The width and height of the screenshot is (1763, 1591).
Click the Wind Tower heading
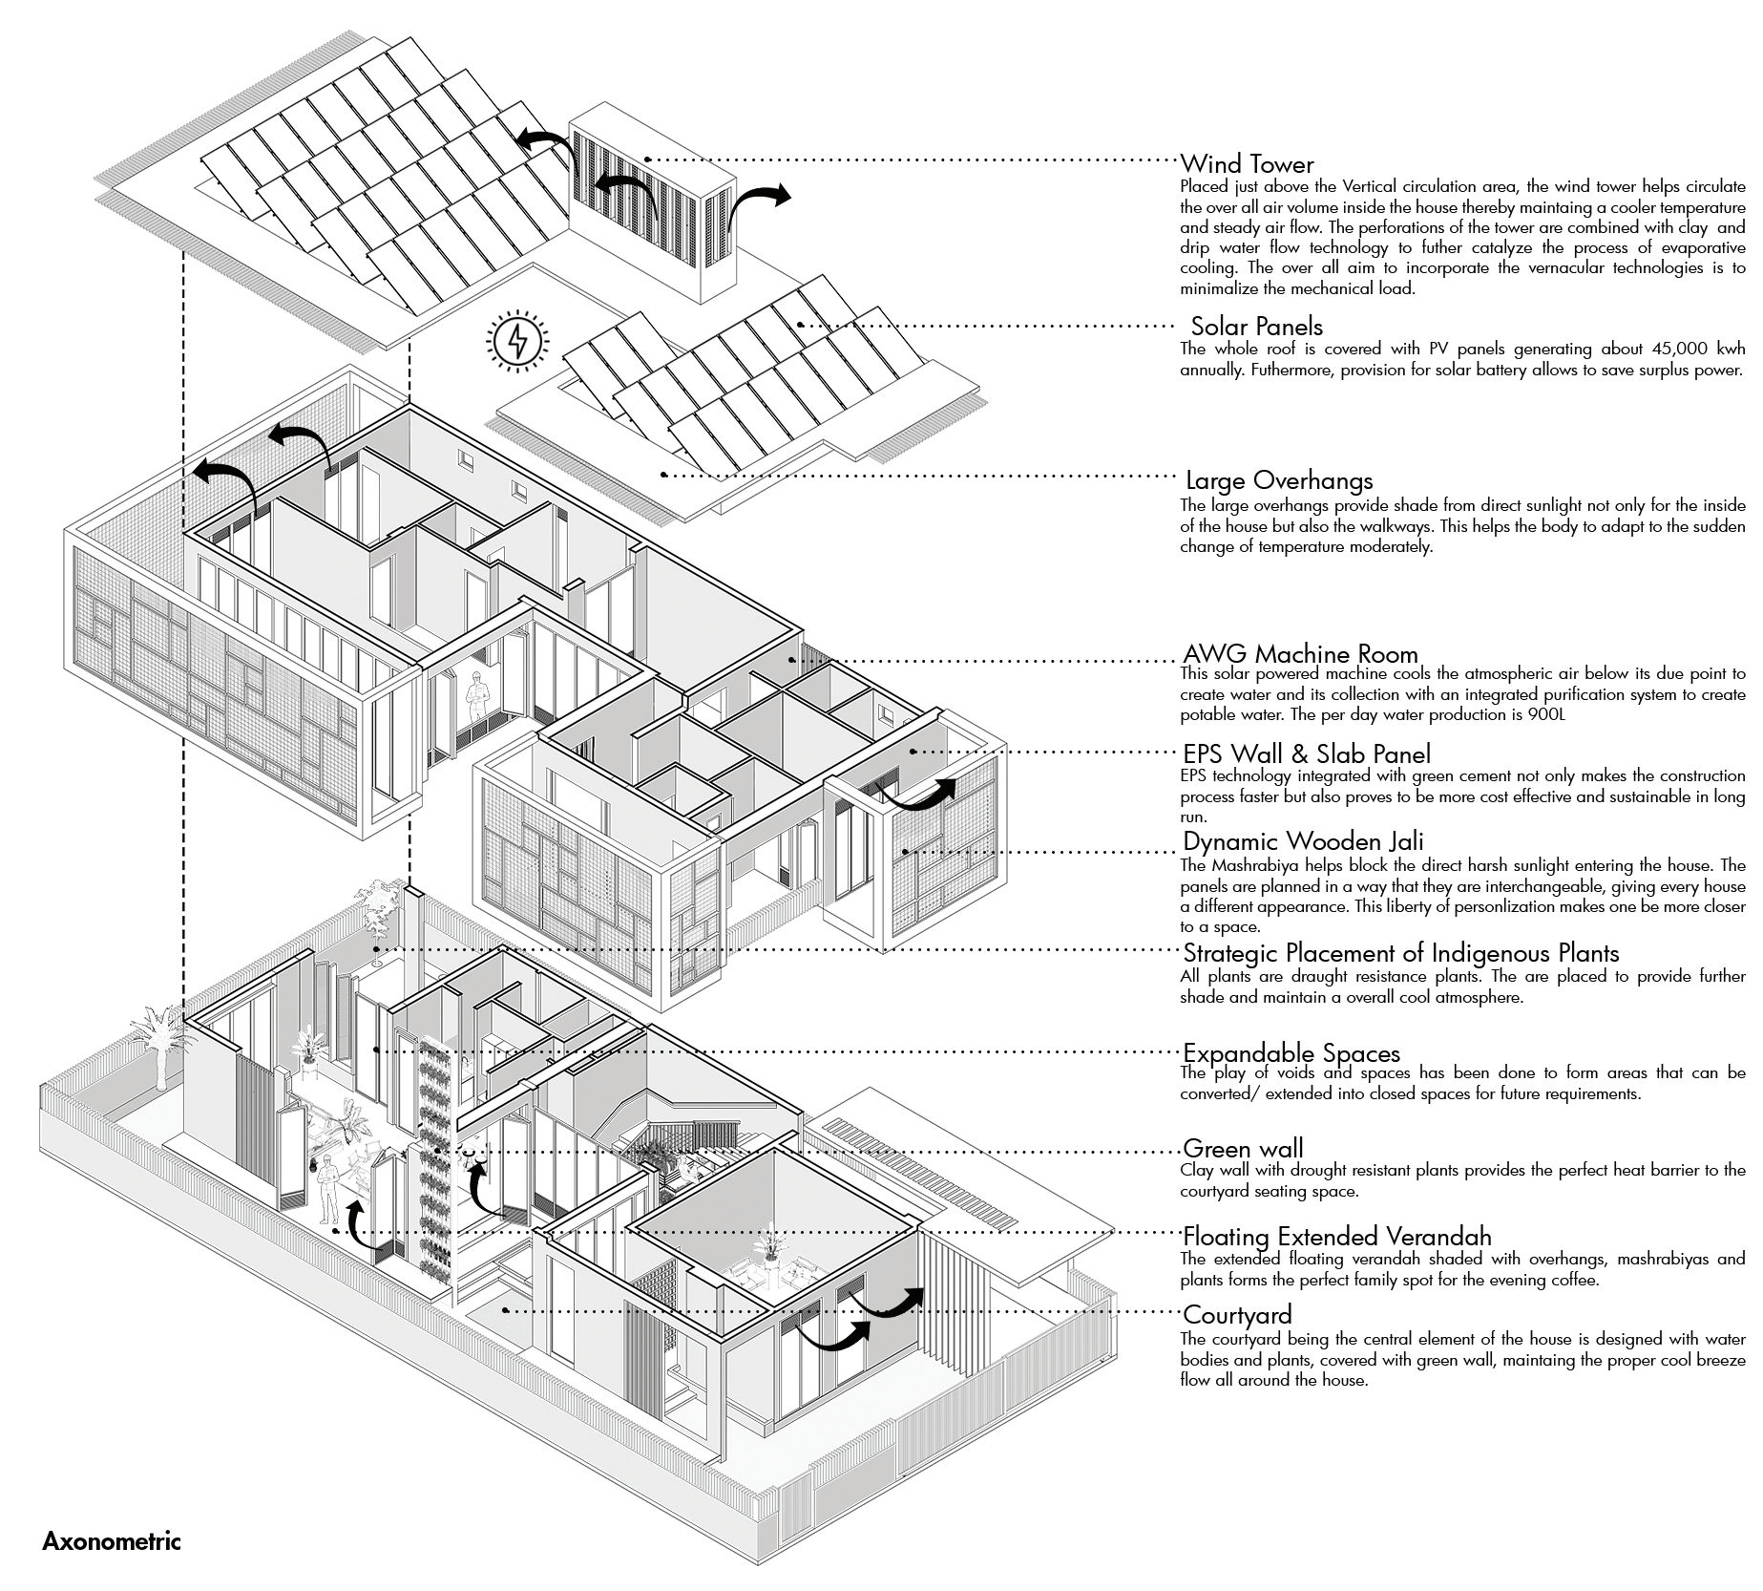[x=1247, y=163]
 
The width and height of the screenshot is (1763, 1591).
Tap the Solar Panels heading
[x=1256, y=327]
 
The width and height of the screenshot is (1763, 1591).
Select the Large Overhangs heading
[x=1278, y=479]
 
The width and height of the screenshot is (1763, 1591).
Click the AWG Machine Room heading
[x=1299, y=654]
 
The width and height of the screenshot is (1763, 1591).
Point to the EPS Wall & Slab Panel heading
[x=1306, y=754]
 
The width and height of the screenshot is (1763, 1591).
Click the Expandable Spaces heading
[x=1291, y=1053]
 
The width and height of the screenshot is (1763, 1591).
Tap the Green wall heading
[x=1242, y=1149]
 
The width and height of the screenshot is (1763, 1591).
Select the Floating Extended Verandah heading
[x=1336, y=1236]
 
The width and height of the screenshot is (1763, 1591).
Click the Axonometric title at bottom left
[x=111, y=1541]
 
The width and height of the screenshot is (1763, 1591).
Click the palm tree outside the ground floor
[x=157, y=1043]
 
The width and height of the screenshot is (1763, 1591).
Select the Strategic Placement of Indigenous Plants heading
[x=1400, y=953]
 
